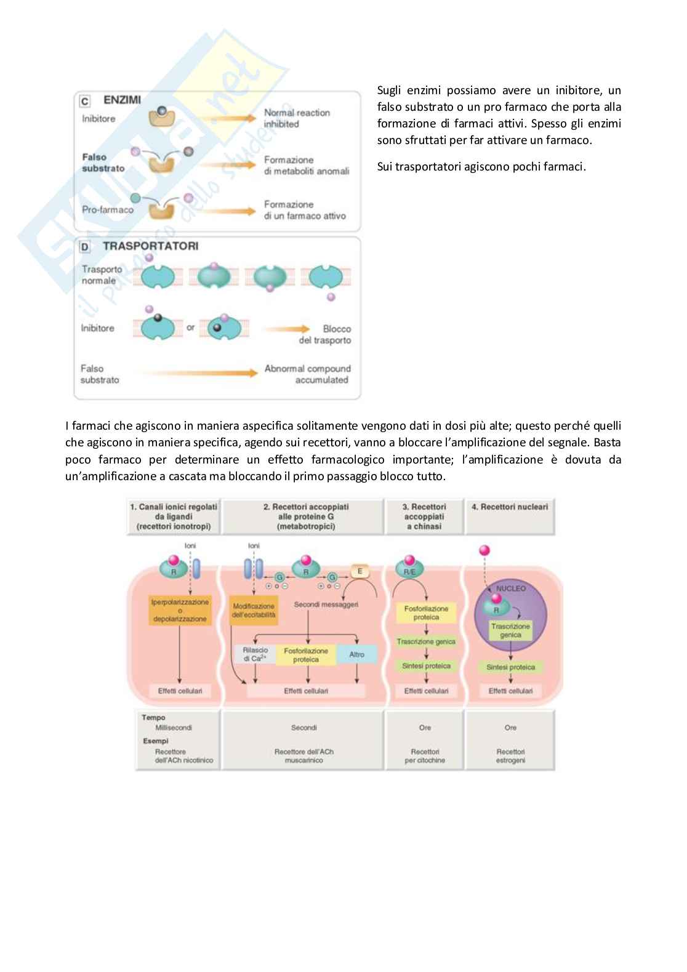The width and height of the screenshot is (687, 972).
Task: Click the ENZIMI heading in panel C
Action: (x=122, y=100)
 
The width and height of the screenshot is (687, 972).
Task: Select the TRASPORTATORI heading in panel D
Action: (x=150, y=246)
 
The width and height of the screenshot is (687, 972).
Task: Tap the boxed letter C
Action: (x=85, y=101)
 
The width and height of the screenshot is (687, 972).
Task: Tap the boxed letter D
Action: (x=85, y=247)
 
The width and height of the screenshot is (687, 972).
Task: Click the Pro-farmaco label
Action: (x=108, y=210)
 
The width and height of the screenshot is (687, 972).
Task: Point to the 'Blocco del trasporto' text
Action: (x=325, y=335)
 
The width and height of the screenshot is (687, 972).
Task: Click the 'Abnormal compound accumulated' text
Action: (x=307, y=374)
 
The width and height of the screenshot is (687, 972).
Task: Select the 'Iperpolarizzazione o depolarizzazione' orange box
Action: (x=180, y=610)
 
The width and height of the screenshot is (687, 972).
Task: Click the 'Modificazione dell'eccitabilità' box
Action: (x=254, y=610)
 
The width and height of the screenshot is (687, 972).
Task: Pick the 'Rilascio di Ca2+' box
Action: (x=255, y=654)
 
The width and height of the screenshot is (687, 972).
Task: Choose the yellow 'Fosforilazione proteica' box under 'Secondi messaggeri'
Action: (x=306, y=655)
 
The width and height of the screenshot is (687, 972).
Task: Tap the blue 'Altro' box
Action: (x=357, y=654)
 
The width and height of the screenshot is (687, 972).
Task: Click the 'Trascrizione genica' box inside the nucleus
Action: (x=510, y=630)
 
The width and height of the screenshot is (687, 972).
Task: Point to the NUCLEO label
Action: (x=511, y=588)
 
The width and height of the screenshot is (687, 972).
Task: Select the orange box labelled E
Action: (x=360, y=572)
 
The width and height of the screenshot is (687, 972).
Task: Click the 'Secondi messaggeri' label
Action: (x=326, y=604)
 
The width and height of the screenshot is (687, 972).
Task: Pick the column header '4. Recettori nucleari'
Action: (x=510, y=507)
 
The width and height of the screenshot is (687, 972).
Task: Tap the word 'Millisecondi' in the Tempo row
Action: (x=174, y=728)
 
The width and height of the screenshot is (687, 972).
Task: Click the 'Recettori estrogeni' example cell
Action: (x=510, y=756)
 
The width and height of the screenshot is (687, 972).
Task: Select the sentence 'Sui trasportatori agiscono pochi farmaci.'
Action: (x=481, y=166)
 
